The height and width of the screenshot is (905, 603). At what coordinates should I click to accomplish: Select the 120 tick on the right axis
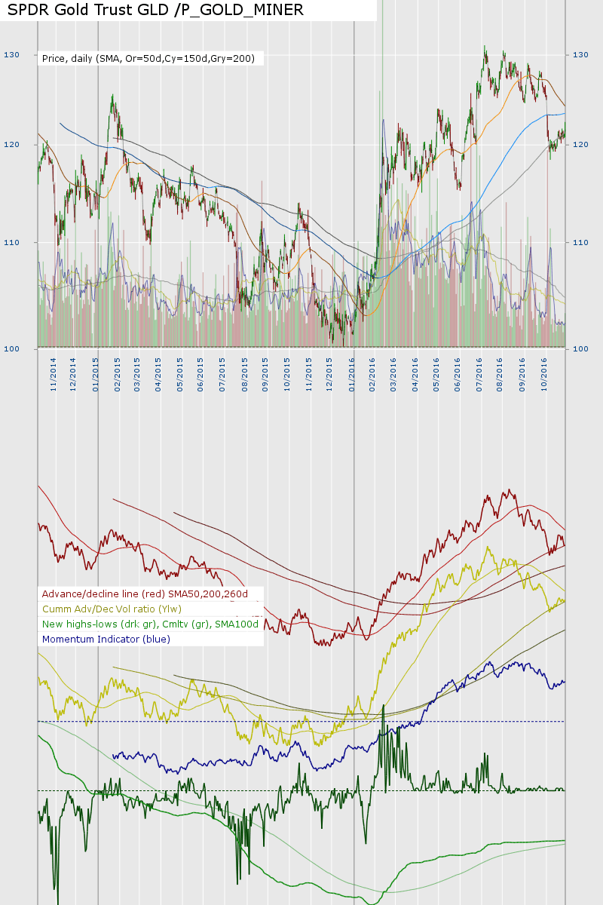(x=581, y=144)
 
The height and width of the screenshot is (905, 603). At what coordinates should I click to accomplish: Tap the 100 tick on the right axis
(x=581, y=348)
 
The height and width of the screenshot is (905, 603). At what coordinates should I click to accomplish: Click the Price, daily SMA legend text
(x=148, y=58)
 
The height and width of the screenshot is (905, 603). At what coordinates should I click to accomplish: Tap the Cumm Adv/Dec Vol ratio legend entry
(x=112, y=609)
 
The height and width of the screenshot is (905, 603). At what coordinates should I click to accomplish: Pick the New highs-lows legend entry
(x=150, y=624)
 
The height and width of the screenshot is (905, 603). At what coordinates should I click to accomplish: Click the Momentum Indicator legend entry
(x=106, y=639)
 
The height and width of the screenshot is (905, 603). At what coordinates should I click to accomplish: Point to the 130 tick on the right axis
(x=581, y=55)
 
